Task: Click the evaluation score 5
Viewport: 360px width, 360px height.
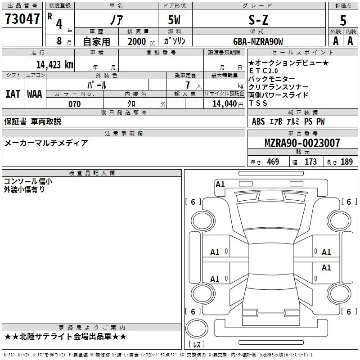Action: coord(343,20)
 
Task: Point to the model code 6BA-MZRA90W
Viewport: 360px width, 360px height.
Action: coord(258,41)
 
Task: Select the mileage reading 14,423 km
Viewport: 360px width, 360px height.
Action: coord(54,64)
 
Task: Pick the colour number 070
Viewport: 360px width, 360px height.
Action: coord(74,104)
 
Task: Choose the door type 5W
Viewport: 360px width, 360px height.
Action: coord(175,20)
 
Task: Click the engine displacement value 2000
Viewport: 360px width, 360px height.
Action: coord(137,42)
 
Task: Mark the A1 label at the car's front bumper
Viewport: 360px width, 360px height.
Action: coord(220,184)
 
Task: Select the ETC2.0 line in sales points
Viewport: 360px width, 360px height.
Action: coord(264,71)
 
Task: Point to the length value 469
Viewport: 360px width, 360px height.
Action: coord(273,162)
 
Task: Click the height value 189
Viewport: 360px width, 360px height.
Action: coord(346,162)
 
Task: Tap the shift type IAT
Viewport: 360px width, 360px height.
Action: coord(13,94)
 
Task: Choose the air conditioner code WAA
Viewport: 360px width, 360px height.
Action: coord(35,94)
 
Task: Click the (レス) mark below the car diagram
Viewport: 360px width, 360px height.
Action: coord(198,345)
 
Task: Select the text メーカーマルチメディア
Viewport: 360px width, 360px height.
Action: coord(46,143)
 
